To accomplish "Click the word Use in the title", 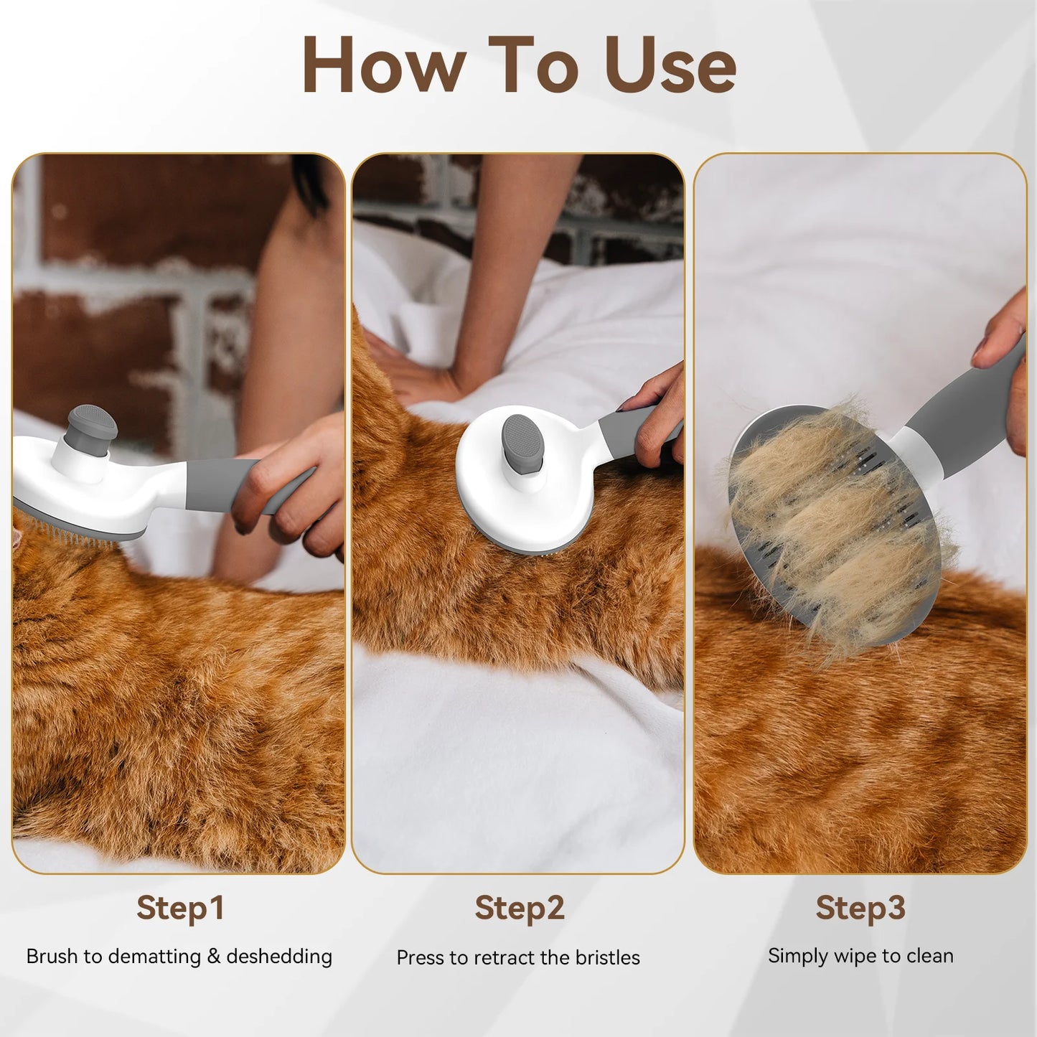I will pyautogui.click(x=670, y=65).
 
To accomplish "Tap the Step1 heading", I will pyautogui.click(x=180, y=908).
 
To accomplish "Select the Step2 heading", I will pyautogui.click(x=520, y=908).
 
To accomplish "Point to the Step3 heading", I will pyautogui.click(x=860, y=908).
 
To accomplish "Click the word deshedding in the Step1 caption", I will pyautogui.click(x=279, y=957).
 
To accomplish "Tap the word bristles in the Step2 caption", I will pyautogui.click(x=606, y=958).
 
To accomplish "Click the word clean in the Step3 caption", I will pyautogui.click(x=930, y=956).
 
